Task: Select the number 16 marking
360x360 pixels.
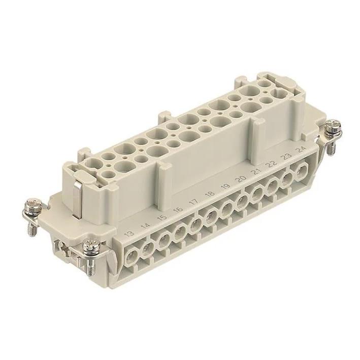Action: [x=177, y=210]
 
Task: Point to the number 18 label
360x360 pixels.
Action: [x=209, y=193]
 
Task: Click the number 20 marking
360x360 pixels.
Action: [x=241, y=178]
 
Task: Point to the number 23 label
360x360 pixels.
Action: [x=287, y=155]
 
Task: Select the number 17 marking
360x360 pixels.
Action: [x=193, y=202]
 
